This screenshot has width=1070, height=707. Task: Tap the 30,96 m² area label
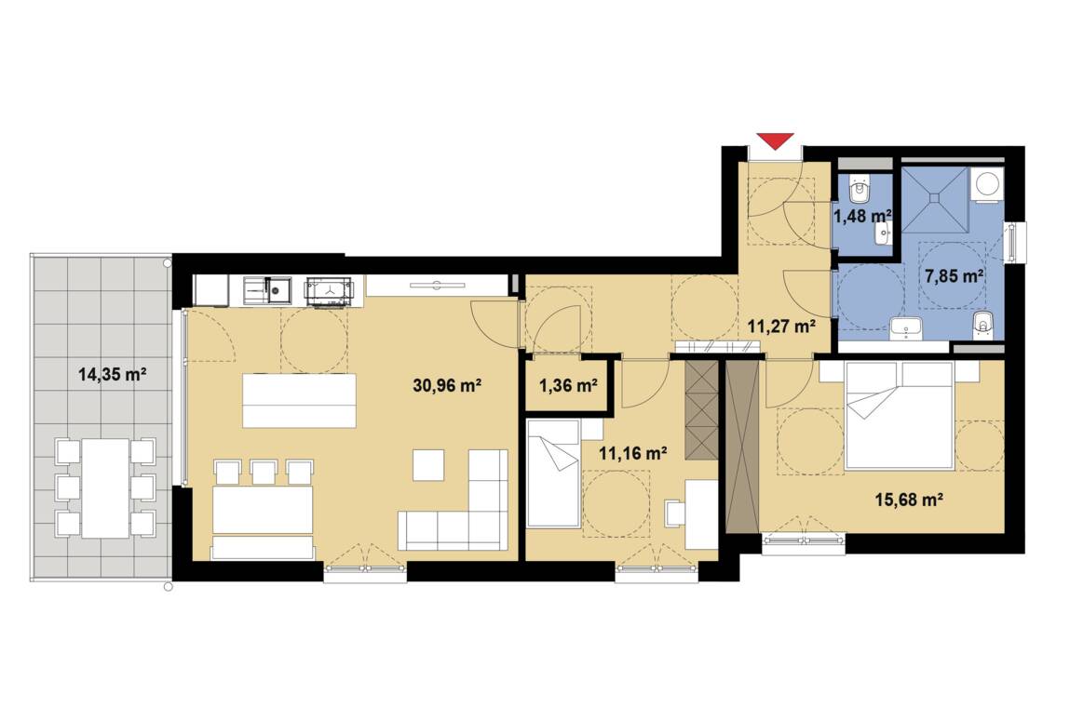(448, 386)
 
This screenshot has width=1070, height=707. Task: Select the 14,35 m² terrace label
(114, 374)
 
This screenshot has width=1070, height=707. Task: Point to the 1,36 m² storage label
(568, 386)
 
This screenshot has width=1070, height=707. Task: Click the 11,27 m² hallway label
(781, 326)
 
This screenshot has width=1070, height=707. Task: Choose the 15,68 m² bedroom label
(909, 500)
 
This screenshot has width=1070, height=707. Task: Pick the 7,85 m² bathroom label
(954, 276)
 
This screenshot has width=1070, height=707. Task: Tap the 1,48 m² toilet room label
(862, 216)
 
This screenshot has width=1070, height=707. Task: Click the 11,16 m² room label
(632, 453)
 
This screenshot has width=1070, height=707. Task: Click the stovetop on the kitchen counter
(330, 291)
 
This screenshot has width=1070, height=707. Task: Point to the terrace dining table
(105, 488)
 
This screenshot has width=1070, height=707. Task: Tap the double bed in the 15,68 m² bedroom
(899, 415)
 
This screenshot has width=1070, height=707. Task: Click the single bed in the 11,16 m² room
(553, 474)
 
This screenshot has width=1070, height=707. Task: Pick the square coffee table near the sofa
(428, 465)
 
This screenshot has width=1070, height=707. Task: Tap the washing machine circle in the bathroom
(987, 183)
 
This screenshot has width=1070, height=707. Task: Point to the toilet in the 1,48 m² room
(861, 189)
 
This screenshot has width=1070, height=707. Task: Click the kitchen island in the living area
(300, 400)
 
